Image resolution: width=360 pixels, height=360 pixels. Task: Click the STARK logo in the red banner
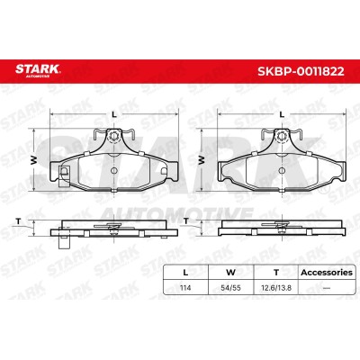(38, 70)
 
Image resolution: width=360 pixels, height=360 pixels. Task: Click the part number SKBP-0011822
(301, 71)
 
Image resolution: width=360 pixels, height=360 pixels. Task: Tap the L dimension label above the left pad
(113, 114)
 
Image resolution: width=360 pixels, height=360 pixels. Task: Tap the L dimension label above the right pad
(282, 114)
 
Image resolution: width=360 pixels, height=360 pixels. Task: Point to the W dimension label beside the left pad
(34, 160)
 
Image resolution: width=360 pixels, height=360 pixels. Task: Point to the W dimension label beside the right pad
(202, 160)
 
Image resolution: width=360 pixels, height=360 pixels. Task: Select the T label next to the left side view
(19, 221)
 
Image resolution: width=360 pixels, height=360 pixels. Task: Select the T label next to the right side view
(186, 221)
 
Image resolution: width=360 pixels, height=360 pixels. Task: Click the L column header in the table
(185, 273)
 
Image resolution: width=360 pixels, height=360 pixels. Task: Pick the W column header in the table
(230, 273)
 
